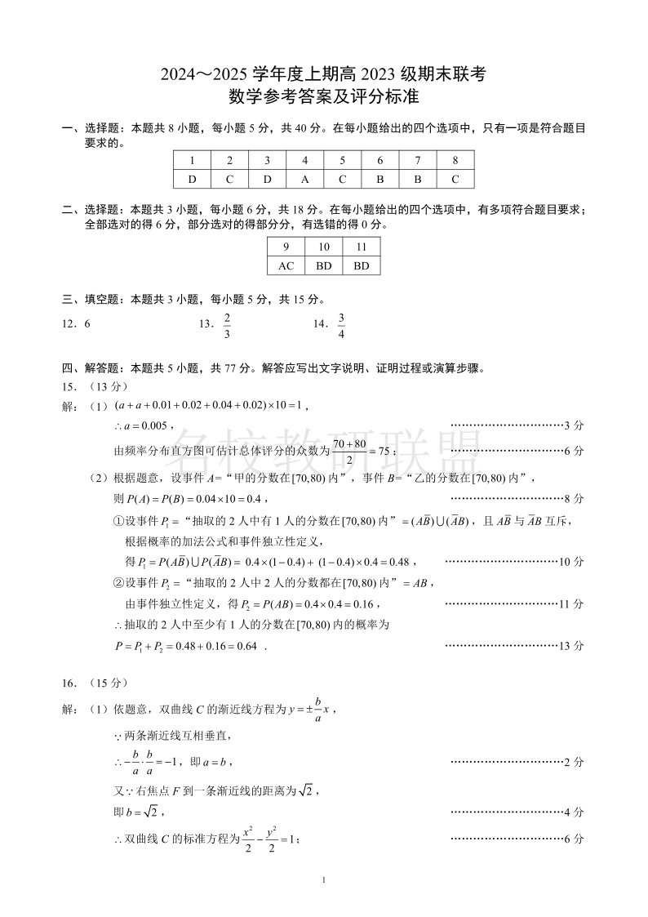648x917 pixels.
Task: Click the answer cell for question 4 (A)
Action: pyautogui.click(x=304, y=179)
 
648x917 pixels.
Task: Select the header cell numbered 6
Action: pyautogui.click(x=380, y=160)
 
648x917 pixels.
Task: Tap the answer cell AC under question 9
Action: pyautogui.click(x=286, y=265)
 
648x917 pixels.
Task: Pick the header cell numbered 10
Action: pyautogui.click(x=324, y=247)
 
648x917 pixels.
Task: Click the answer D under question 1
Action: pyautogui.click(x=192, y=179)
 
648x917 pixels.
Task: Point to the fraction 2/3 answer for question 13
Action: pyautogui.click(x=227, y=325)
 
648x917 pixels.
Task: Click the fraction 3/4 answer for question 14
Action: pyautogui.click(x=341, y=325)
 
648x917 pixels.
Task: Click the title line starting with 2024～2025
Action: pyautogui.click(x=324, y=74)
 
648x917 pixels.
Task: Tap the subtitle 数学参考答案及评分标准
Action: pyautogui.click(x=324, y=97)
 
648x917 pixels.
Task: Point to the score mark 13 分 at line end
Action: pyautogui.click(x=571, y=645)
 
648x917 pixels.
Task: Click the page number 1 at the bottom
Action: pyautogui.click(x=324, y=879)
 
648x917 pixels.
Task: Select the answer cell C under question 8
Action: pyautogui.click(x=455, y=179)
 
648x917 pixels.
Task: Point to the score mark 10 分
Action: pyautogui.click(x=571, y=562)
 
